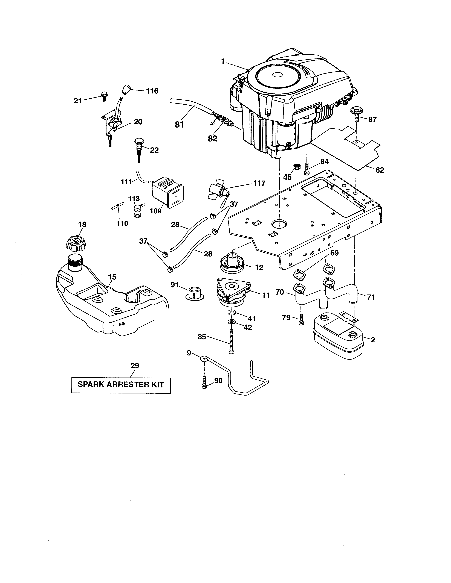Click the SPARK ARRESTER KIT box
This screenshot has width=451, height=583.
click(x=121, y=384)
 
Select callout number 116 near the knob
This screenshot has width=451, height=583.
click(x=152, y=91)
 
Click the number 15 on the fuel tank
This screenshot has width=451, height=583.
click(x=112, y=277)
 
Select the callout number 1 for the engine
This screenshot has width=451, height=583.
click(x=222, y=62)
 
